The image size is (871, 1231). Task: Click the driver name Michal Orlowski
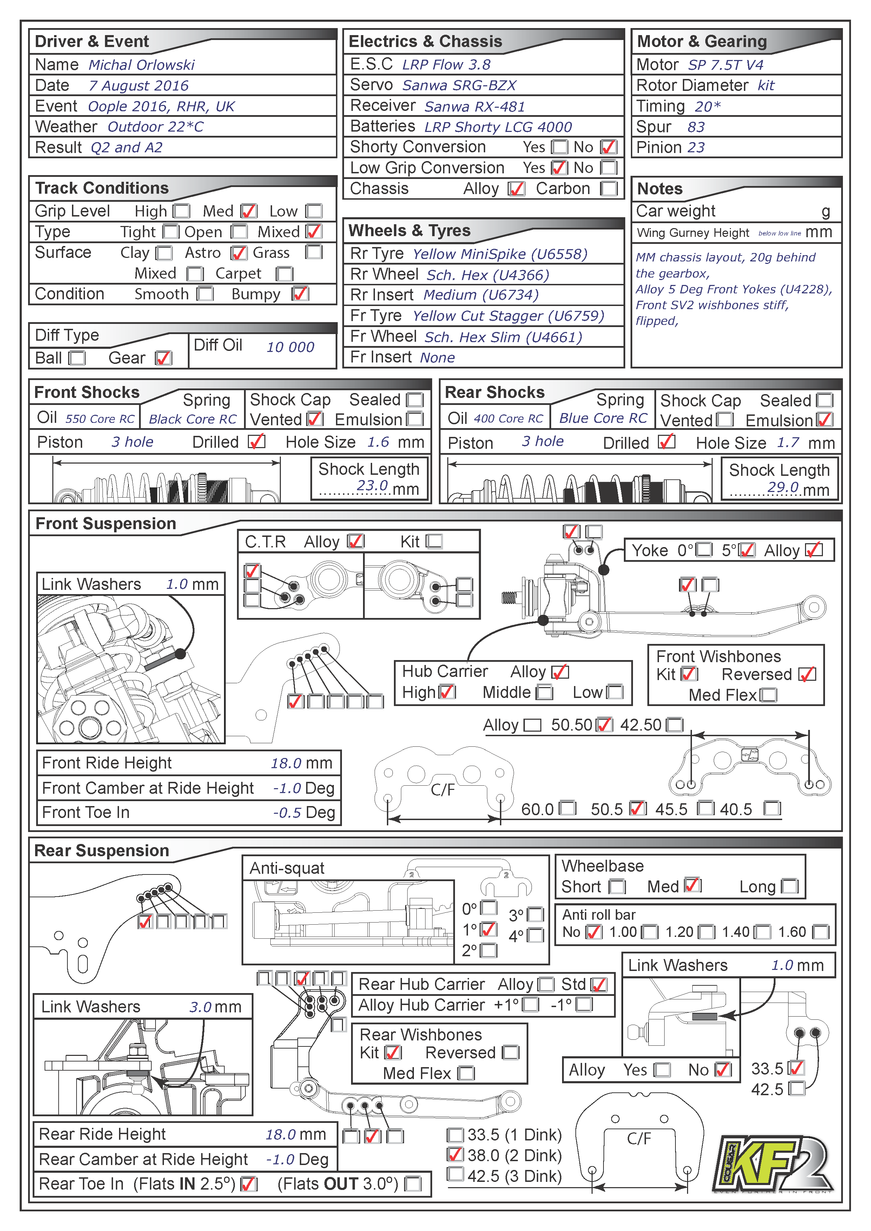pyautogui.click(x=141, y=65)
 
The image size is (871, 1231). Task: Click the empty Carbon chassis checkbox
pyautogui.click(x=609, y=189)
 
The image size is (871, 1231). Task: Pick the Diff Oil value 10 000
pyautogui.click(x=290, y=347)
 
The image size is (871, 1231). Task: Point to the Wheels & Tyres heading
pyautogui.click(x=409, y=231)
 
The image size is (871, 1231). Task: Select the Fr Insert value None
pyautogui.click(x=437, y=358)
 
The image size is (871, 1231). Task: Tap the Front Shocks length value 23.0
pyautogui.click(x=372, y=485)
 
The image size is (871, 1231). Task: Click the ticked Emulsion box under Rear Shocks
pyautogui.click(x=824, y=420)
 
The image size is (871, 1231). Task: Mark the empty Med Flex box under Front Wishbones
pyautogui.click(x=768, y=696)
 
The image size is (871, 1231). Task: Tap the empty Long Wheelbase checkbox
pyautogui.click(x=790, y=886)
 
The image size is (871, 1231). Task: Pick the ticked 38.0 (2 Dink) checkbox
pyautogui.click(x=455, y=1155)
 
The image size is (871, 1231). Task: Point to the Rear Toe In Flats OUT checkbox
pyautogui.click(x=413, y=1184)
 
